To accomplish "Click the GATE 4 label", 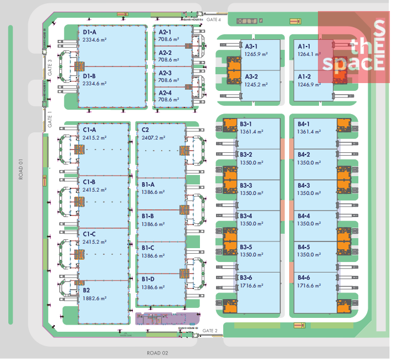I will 214,19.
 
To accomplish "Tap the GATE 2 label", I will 210,331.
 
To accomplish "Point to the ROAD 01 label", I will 21,169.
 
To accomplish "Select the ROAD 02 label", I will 157,353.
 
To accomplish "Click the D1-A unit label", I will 90,32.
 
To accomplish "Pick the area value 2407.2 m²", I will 153,138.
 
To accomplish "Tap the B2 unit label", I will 86,290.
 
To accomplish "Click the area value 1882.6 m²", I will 95,299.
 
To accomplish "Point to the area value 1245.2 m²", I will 256,85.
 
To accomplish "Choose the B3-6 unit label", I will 246,277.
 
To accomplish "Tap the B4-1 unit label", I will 304,124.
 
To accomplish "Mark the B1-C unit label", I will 148,248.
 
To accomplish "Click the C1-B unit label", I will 89,182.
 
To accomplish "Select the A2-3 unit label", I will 164,73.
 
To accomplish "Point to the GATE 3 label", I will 49,66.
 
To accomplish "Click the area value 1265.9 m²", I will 256,54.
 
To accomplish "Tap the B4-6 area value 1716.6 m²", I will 309,286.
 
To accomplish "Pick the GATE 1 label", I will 49,120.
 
